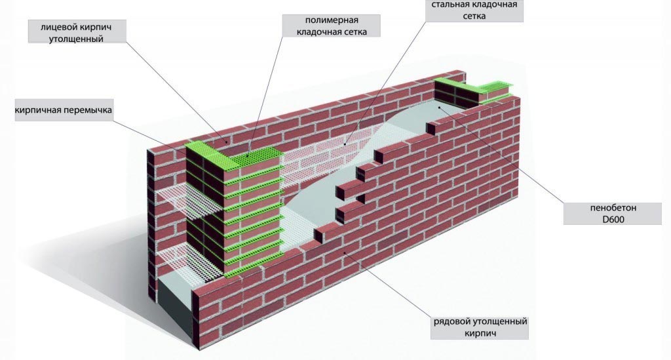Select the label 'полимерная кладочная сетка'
coord(331,26)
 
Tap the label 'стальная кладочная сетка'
coord(475,10)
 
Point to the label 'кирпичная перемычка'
coord(64,110)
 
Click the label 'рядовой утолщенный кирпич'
coord(480,328)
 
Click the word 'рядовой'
coord(450,322)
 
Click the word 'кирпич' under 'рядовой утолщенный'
coord(480,334)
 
